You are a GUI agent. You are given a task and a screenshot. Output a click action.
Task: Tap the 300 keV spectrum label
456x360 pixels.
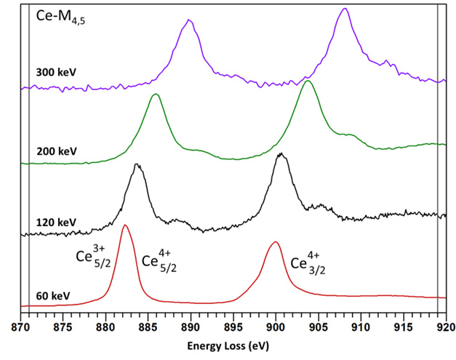click(x=55, y=72)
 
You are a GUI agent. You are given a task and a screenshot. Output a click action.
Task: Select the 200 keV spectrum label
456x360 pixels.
click(x=55, y=152)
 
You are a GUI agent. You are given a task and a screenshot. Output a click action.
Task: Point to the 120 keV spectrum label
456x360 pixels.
click(x=55, y=222)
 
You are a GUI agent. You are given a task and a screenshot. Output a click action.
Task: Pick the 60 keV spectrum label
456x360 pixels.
click(x=53, y=297)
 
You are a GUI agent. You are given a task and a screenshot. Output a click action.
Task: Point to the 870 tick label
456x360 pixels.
click(x=21, y=327)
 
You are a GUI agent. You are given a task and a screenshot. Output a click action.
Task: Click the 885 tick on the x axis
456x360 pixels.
click(x=148, y=327)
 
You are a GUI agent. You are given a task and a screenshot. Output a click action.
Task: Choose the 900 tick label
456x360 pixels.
click(x=276, y=327)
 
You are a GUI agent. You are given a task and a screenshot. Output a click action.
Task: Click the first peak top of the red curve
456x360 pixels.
click(x=125, y=225)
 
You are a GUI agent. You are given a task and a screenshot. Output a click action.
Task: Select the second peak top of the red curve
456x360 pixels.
click(x=275, y=242)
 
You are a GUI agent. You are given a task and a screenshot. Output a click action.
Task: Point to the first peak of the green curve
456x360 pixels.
click(x=155, y=95)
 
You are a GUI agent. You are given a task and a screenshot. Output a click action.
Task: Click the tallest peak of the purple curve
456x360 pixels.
click(x=345, y=9)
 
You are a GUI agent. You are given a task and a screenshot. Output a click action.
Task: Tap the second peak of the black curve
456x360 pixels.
click(x=281, y=154)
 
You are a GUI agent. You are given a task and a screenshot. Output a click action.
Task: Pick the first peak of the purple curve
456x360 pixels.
click(x=189, y=20)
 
